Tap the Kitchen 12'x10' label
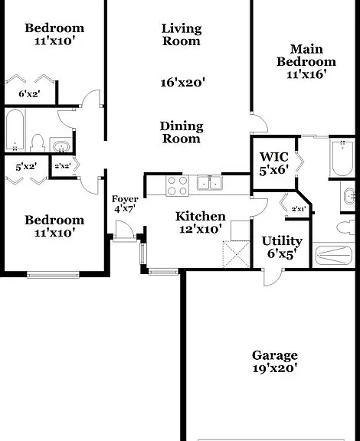200,223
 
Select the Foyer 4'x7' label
125,204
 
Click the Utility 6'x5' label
282,247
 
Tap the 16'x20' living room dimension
182,83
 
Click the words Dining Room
182,132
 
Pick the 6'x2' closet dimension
29,93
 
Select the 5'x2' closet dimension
26,167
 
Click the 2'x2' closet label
62,166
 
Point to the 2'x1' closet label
299,209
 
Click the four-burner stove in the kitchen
177,186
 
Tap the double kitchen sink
209,183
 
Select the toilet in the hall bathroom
38,143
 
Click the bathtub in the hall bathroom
15,130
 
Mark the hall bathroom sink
61,145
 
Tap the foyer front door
125,230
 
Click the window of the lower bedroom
53,275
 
